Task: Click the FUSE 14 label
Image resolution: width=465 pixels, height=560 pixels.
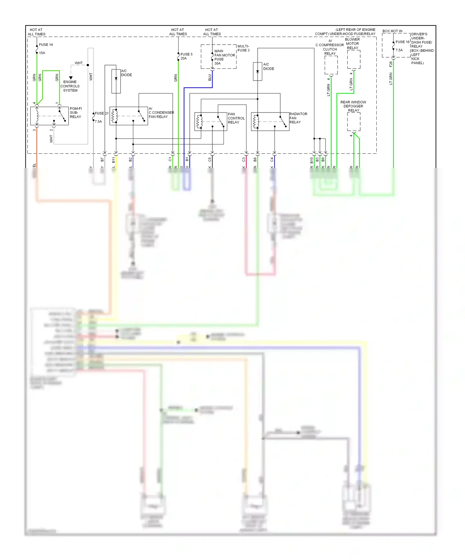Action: (x=46, y=45)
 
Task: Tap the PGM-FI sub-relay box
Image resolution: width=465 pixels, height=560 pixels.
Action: (x=49, y=116)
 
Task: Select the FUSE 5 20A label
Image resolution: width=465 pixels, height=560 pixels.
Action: (x=186, y=56)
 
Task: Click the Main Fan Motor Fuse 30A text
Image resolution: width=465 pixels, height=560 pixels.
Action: (x=224, y=57)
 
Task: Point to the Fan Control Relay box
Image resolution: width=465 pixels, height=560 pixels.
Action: (x=210, y=121)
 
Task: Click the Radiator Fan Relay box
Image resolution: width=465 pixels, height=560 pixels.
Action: (x=270, y=121)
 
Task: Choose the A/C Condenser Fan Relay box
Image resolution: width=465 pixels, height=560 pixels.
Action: (x=128, y=116)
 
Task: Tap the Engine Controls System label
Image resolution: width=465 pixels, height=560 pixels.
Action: (x=70, y=86)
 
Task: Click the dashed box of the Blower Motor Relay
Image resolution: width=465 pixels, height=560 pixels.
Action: (x=353, y=60)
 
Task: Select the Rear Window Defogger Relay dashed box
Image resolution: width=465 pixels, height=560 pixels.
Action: (x=353, y=122)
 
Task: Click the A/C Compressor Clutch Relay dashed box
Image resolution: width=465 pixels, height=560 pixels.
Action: (x=331, y=65)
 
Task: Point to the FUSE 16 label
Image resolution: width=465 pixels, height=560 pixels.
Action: (x=402, y=42)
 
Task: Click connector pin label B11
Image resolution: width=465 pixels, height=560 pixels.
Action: (x=113, y=160)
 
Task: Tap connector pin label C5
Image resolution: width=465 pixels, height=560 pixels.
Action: (x=210, y=160)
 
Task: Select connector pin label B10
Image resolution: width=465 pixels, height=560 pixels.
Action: (x=312, y=160)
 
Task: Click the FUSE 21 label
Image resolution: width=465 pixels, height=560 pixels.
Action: (x=101, y=113)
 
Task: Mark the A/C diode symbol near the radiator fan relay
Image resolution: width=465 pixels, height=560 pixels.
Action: (x=258, y=72)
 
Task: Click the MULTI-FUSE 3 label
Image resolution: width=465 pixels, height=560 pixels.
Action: (x=243, y=48)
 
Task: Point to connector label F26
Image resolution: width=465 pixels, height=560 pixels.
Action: (x=391, y=64)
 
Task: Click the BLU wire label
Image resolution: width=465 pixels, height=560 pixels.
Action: (x=210, y=77)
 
